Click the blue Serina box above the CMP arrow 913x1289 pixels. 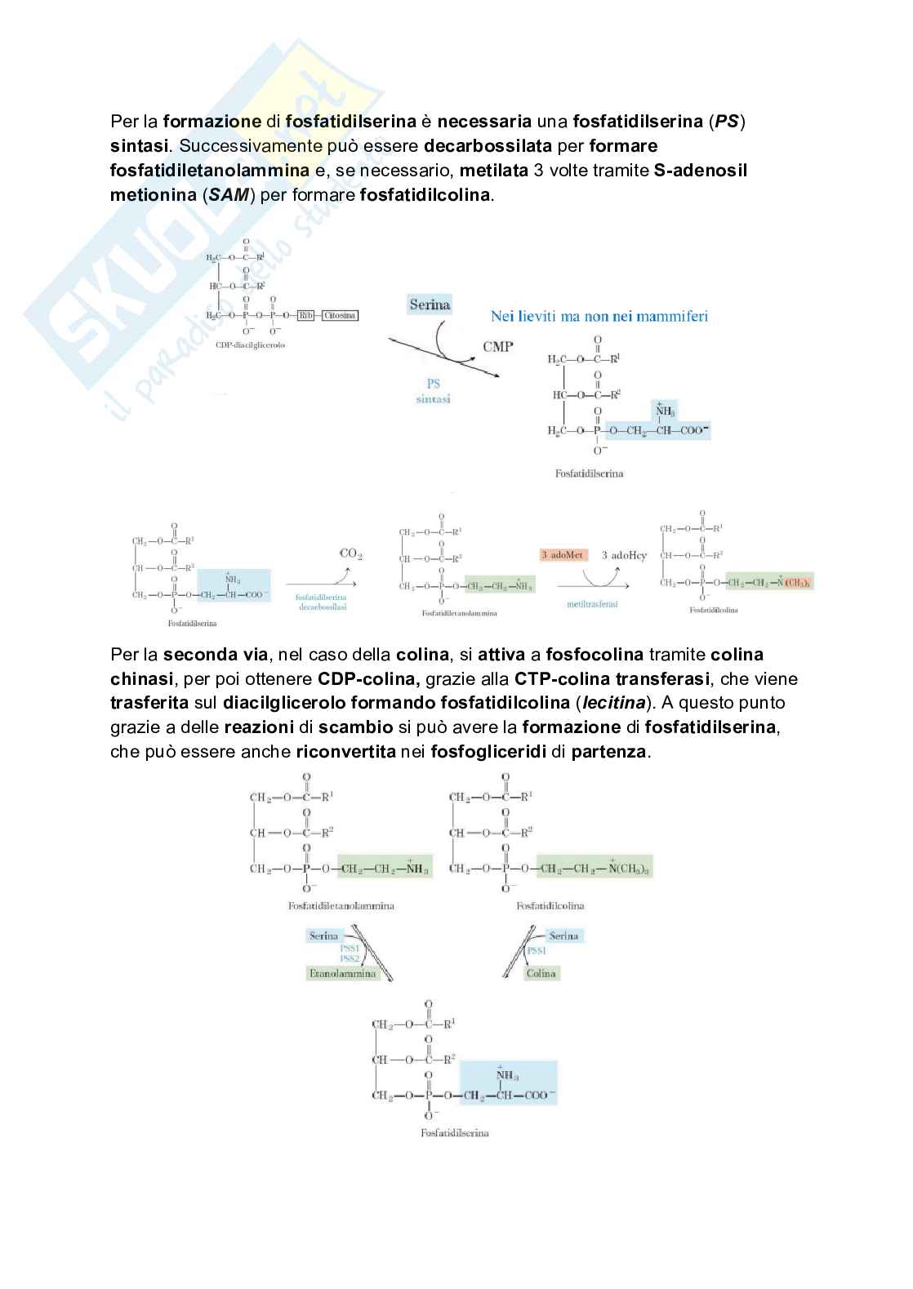(430, 304)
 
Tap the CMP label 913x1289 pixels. (497, 346)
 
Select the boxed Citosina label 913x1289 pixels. (340, 315)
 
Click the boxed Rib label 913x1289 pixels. (305, 315)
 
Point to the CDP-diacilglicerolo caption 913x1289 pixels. (251, 344)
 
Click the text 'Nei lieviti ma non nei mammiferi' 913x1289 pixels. (599, 316)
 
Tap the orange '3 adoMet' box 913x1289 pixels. (563, 555)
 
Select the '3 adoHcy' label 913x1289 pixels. (624, 555)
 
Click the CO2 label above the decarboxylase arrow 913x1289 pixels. (350, 553)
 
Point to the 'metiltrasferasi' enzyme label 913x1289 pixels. (592, 604)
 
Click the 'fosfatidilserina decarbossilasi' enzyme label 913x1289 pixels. (321, 602)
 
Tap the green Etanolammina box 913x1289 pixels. (342, 973)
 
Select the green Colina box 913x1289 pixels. (541, 973)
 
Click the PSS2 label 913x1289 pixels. (350, 958)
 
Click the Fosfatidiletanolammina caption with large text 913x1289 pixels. (341, 905)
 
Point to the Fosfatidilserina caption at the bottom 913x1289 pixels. (454, 1133)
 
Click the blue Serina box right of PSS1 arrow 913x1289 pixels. (563, 936)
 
